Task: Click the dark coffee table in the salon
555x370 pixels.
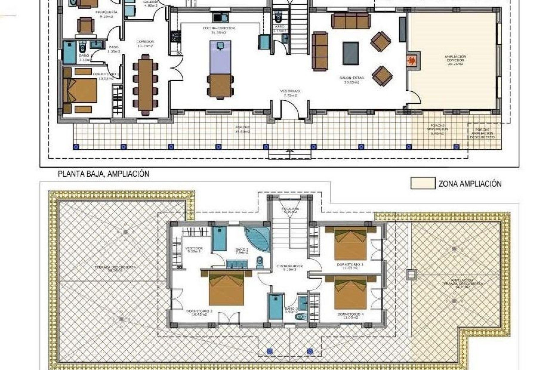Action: coord(351,53)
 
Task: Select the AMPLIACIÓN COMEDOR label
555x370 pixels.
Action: coord(455,60)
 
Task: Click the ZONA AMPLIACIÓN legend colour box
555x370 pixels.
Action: coord(423,184)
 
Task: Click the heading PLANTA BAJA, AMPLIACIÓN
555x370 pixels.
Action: coord(103,174)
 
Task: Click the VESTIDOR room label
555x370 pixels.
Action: coord(194,250)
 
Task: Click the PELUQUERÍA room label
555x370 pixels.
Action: coord(106,14)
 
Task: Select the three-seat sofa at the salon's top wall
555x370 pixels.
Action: coord(351,21)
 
